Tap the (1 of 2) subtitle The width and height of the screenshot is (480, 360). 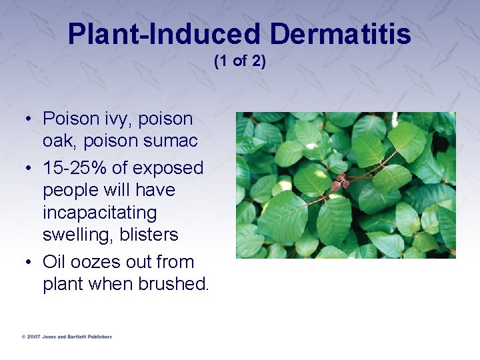[x=239, y=61]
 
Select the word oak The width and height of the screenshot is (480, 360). [x=58, y=141]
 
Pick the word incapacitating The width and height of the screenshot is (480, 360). [x=99, y=213]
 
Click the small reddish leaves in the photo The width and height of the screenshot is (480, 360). [x=342, y=181]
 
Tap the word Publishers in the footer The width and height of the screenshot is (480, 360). [x=97, y=337]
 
